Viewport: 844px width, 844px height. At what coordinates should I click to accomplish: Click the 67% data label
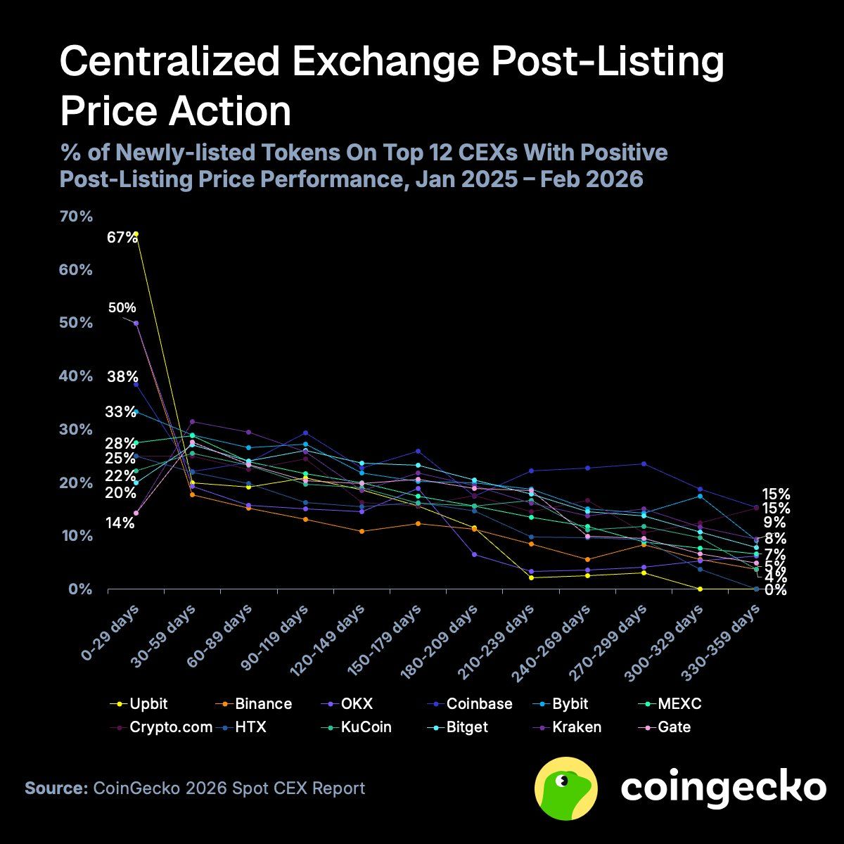pos(122,238)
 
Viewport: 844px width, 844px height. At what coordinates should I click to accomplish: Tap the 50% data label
pos(122,308)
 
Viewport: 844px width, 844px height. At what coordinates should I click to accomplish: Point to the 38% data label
pos(122,376)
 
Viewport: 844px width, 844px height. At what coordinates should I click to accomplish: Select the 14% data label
pos(121,523)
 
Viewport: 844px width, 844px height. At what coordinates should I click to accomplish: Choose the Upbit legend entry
pos(148,703)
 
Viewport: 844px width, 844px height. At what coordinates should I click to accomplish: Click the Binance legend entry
pos(263,703)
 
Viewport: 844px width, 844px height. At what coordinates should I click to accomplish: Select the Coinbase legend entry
pos(479,703)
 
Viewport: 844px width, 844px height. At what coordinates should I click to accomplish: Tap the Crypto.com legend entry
pos(171,727)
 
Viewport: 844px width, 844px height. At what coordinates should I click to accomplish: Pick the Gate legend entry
pos(674,727)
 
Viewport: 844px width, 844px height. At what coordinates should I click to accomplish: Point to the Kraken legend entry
pos(575,727)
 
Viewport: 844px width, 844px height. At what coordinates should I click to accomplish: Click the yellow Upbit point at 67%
pos(136,234)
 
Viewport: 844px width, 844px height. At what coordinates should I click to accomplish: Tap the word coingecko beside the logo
pos(722,788)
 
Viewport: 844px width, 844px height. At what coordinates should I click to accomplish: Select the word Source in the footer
pos(54,788)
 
